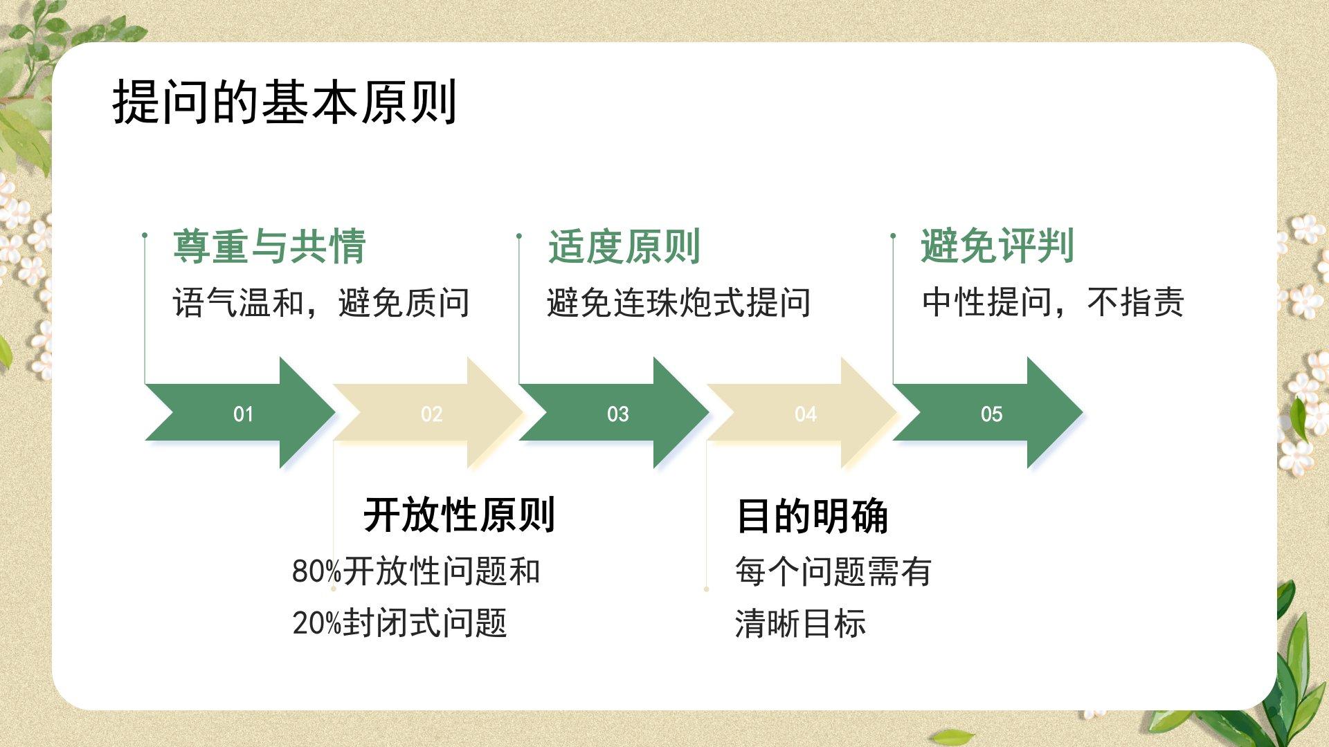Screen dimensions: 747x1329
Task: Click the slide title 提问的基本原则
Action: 284,102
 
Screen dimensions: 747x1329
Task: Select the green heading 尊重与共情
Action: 269,246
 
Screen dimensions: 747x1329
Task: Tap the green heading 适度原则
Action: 624,246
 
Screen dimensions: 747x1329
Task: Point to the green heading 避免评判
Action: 997,246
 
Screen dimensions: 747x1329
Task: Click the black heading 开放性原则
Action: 459,515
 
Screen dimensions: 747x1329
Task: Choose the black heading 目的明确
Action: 812,516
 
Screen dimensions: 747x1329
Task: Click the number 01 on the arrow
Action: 243,414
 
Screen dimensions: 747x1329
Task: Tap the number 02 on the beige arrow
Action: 431,414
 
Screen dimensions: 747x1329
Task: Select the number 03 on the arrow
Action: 617,414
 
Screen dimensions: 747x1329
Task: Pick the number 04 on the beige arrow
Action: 805,414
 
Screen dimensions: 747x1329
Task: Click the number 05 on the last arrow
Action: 991,414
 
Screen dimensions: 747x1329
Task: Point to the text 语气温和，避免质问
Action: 321,303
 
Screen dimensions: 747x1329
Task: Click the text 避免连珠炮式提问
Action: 678,303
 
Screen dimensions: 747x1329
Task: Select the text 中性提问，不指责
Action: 1053,303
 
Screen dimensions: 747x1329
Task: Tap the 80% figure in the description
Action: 317,572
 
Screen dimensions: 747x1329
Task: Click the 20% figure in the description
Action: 317,623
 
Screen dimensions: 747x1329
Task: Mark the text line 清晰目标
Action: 800,623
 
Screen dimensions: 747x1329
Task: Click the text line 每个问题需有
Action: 833,572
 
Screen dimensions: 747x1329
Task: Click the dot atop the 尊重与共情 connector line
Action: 145,236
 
